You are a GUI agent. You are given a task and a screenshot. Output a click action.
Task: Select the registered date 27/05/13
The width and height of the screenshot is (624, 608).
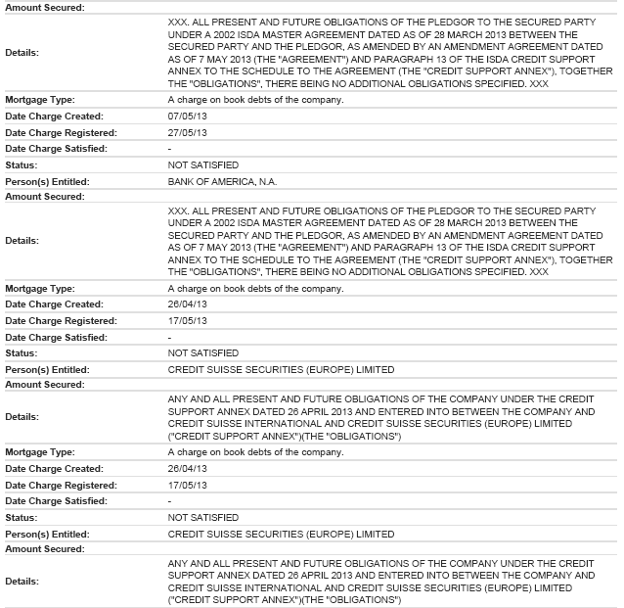(185, 133)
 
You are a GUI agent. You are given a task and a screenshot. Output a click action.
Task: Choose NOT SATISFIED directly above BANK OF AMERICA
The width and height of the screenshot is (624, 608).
(203, 165)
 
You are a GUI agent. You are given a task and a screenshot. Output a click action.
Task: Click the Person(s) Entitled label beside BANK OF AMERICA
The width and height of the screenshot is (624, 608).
(47, 181)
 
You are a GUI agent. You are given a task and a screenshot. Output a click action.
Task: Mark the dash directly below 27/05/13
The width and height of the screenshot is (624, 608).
(170, 149)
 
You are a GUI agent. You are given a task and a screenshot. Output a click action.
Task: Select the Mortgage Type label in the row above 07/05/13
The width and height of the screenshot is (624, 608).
(40, 101)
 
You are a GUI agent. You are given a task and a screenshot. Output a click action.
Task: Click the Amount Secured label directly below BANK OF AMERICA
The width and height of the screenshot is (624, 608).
(45, 197)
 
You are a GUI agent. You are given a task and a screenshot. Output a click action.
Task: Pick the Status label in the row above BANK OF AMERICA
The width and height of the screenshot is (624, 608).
(22, 165)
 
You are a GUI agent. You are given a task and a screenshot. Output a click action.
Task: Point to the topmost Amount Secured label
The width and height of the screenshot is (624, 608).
(45, 8)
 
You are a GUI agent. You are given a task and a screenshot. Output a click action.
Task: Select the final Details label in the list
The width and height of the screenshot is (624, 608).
(22, 581)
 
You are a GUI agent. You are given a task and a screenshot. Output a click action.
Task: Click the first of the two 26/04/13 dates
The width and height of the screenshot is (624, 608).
(185, 305)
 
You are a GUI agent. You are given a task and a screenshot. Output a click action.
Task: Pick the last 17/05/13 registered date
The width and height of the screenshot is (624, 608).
(185, 486)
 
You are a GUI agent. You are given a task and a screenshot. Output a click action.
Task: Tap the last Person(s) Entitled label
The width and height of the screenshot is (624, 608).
(47, 534)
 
